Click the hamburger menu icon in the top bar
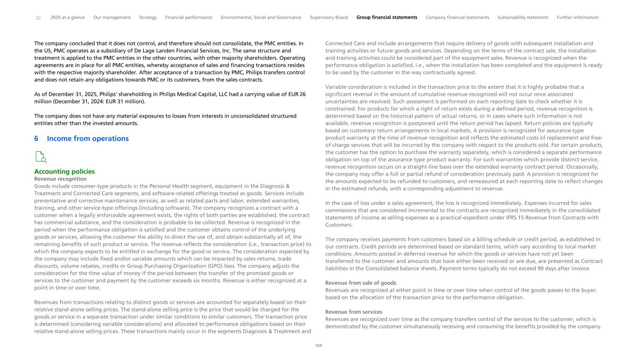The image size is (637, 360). pos(38,18)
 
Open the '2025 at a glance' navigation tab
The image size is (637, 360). pos(68,18)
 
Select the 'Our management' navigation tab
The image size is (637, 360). pos(112,18)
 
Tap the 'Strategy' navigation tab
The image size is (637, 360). pos(148,18)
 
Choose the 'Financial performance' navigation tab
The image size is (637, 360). pos(189,18)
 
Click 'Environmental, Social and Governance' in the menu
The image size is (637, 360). pos(261,18)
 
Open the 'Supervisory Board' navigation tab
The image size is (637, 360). pos(329,18)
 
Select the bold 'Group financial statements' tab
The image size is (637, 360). pos(387,18)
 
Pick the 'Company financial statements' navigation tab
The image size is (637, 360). pos(457,18)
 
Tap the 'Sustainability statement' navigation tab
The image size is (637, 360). pos(523,18)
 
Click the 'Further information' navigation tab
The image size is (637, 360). pos(577,18)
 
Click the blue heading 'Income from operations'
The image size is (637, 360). pos(88,139)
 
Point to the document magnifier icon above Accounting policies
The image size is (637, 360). pos(41,157)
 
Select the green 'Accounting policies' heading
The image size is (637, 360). pos(64,171)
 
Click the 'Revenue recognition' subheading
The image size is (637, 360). pos(60,179)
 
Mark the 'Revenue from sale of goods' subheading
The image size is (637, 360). pos(361,283)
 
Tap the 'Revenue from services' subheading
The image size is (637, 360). pos(354,312)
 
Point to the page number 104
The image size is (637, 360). pos(318,346)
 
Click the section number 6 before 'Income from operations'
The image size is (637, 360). pos(36,139)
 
